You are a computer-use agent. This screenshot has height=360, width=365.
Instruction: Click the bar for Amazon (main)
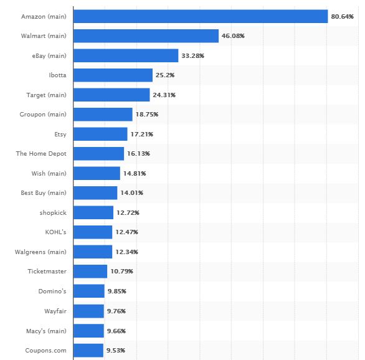point(200,16)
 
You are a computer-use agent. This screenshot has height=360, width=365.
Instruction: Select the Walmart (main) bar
point(146,36)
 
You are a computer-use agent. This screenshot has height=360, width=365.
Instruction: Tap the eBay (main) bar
point(126,55)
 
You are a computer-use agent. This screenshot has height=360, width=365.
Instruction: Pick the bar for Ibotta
point(113,75)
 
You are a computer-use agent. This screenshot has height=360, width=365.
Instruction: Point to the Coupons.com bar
point(88,350)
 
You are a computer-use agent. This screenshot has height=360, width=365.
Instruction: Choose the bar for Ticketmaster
point(90,272)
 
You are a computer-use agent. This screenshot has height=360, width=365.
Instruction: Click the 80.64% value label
point(342,16)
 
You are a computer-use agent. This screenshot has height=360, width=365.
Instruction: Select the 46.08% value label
point(233,36)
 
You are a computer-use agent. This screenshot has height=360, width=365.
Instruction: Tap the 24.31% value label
point(164,95)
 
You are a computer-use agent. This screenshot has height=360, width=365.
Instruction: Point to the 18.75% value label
point(146,115)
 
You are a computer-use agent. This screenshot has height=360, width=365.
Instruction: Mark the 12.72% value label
point(128,212)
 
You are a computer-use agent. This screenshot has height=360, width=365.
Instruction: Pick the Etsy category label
point(60,134)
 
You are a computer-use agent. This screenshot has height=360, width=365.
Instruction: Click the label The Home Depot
point(41,154)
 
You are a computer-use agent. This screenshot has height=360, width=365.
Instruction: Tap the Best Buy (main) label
point(44,193)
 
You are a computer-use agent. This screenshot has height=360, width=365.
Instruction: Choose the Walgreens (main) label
point(40,252)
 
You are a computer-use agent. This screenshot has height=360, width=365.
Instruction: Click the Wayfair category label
point(54,311)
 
